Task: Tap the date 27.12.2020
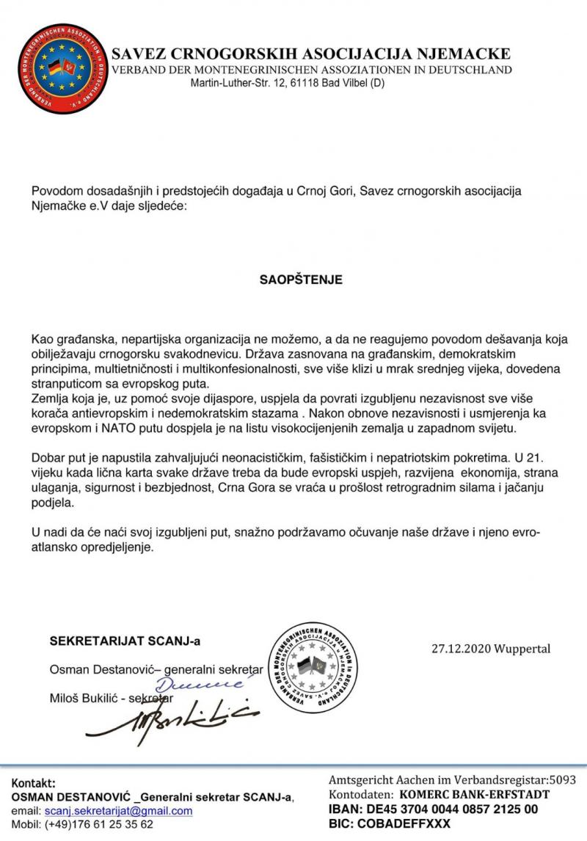459,649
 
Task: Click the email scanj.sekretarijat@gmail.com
118,811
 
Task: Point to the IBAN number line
433,809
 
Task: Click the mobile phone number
99,824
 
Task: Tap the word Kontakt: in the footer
34,783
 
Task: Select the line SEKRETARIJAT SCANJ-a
125,641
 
